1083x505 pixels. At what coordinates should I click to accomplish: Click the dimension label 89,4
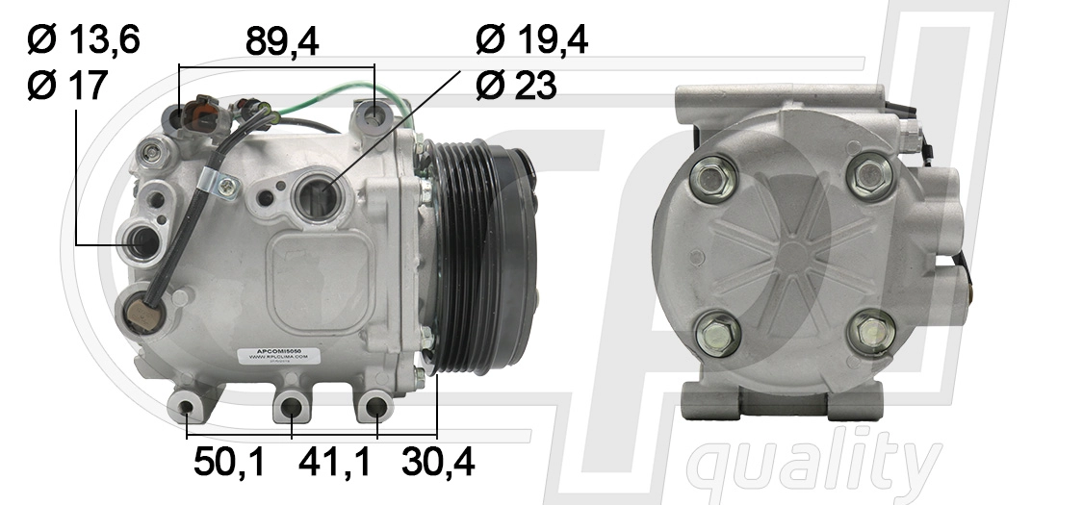[x=282, y=41]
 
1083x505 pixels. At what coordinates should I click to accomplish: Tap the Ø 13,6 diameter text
[x=84, y=40]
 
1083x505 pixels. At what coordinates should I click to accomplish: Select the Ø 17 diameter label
[x=67, y=87]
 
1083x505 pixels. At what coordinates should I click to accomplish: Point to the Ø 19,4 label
[x=531, y=40]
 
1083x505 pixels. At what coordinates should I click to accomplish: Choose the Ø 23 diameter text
[x=516, y=87]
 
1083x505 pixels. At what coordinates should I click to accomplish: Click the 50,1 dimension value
[x=229, y=465]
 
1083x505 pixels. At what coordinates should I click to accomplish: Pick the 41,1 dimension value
[x=334, y=465]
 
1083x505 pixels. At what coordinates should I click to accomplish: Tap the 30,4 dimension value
[x=438, y=465]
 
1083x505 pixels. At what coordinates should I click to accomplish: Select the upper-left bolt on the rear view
[x=712, y=177]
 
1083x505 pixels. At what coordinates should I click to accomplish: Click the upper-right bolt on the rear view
[x=871, y=176]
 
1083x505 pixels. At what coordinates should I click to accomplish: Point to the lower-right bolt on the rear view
[x=872, y=332]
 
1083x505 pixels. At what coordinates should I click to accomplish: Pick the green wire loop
[x=318, y=99]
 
